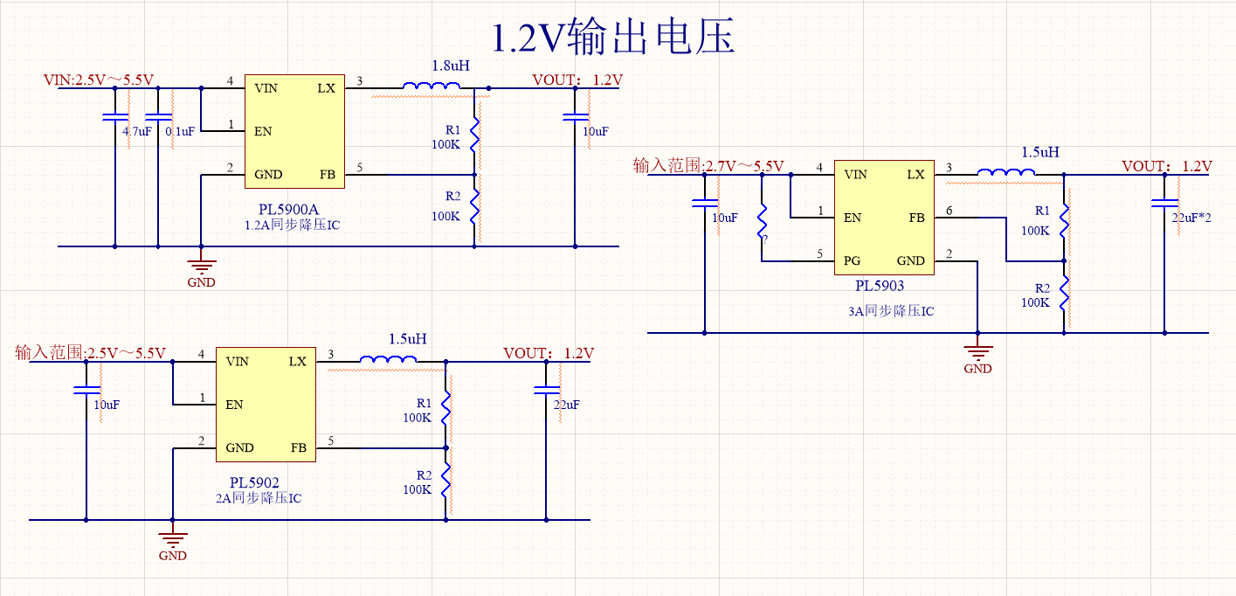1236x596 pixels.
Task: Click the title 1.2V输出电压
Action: tap(613, 38)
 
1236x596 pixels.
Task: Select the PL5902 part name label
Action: tap(254, 482)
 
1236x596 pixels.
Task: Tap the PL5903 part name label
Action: tap(880, 286)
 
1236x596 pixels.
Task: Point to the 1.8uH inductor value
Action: tap(451, 66)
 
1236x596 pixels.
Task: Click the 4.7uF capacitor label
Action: tap(137, 131)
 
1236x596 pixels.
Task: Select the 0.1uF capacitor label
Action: tap(180, 131)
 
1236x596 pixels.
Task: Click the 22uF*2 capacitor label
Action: tap(1191, 217)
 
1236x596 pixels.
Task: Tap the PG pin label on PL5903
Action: tap(852, 260)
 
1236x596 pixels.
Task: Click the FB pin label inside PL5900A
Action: tap(328, 174)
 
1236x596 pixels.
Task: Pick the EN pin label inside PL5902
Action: tap(234, 405)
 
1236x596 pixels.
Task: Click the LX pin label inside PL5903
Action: tap(915, 174)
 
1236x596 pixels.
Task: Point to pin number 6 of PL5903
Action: tap(950, 211)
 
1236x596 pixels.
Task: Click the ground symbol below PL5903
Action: tap(977, 356)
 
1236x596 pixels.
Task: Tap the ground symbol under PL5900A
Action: tap(202, 269)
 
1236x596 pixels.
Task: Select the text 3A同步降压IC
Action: tap(891, 310)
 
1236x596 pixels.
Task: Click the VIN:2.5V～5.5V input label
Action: tap(99, 80)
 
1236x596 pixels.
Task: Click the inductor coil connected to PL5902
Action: tap(385, 359)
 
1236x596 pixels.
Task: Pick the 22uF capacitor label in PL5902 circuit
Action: tap(567, 405)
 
